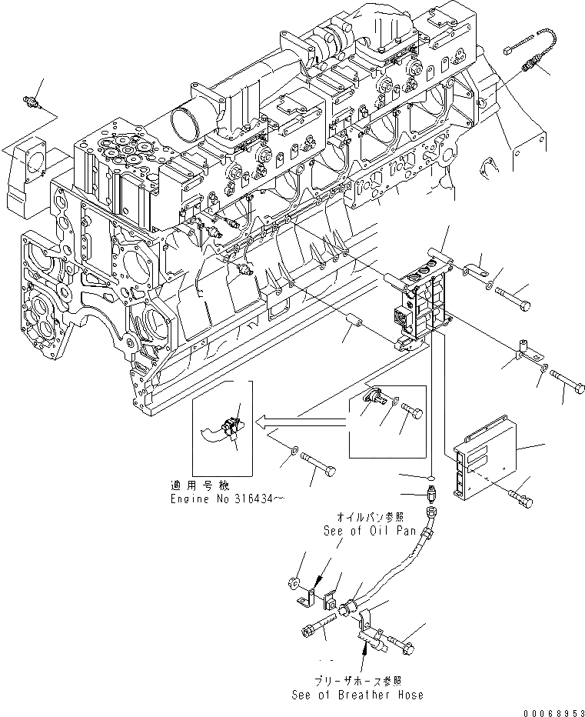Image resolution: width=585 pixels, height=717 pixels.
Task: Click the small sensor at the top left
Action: pos(32,103)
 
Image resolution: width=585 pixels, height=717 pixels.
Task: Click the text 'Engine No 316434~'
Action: pos(228,499)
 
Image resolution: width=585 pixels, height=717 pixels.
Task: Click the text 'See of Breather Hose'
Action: pos(357,695)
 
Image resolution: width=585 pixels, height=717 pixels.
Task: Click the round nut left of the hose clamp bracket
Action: pos(296,583)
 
